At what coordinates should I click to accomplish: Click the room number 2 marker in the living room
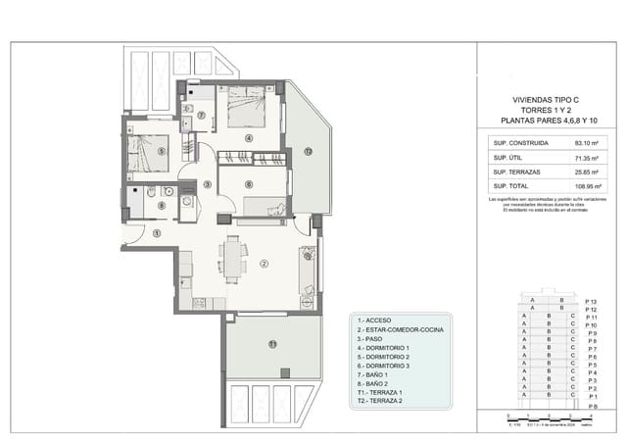[x=264, y=264]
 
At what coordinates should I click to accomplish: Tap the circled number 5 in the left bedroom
[x=161, y=152]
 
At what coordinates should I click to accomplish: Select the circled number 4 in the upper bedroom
[x=249, y=138]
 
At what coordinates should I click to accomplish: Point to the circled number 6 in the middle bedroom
[x=249, y=183]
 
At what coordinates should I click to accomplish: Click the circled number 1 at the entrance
[x=157, y=232]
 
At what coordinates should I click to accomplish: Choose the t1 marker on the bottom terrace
[x=272, y=343]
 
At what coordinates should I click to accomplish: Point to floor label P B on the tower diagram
[x=590, y=405]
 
